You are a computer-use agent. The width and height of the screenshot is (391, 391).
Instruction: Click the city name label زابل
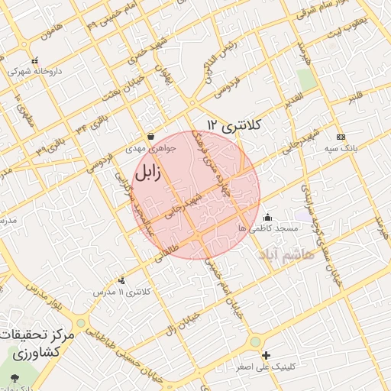[x=147, y=173]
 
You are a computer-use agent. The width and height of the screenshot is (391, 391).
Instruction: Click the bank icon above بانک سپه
[x=340, y=136]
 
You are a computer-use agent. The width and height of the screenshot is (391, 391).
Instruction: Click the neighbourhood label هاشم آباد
[x=287, y=254]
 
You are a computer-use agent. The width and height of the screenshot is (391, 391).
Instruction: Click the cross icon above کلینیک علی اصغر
[x=266, y=355]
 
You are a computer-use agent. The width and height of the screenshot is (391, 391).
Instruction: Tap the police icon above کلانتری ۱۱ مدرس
[x=122, y=280]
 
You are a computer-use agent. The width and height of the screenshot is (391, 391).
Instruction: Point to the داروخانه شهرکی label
[x=34, y=71]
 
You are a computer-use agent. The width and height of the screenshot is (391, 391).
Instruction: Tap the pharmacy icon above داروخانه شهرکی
[x=34, y=60]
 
